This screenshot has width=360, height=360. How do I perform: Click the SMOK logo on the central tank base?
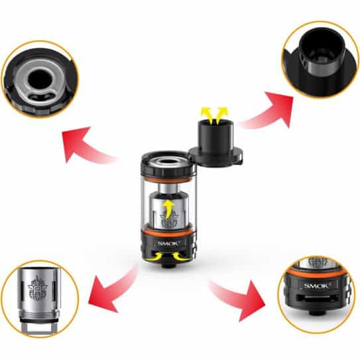click(168, 243)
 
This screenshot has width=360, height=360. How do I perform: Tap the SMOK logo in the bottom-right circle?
click(316, 286)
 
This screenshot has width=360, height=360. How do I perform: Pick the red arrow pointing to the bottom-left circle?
click(110, 290)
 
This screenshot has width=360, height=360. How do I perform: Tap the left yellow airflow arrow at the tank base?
click(153, 257)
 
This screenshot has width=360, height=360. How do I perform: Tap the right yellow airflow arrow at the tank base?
click(182, 257)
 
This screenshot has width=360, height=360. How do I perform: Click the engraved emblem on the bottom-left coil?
click(37, 289)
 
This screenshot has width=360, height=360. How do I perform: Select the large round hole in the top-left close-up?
click(40, 79)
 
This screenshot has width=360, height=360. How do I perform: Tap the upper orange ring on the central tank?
click(168, 178)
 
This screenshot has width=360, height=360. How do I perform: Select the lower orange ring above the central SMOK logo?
click(168, 232)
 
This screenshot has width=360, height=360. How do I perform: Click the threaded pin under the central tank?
click(168, 265)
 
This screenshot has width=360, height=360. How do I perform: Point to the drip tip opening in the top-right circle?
click(321, 46)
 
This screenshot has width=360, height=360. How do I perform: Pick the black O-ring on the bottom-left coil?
click(40, 320)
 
